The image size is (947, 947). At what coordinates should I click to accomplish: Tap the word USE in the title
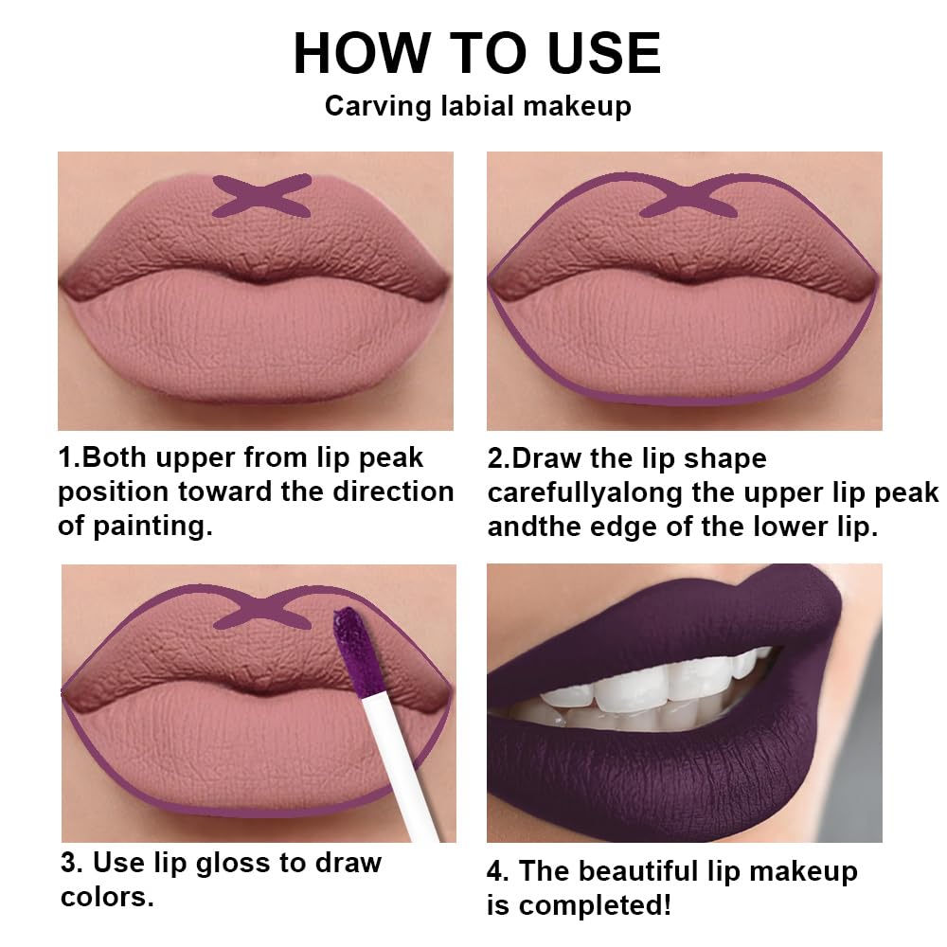(590, 54)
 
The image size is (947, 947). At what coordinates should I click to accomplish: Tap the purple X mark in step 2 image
(689, 197)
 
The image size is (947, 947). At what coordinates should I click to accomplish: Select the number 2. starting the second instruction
(498, 458)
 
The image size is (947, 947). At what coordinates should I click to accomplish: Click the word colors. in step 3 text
(106, 897)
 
